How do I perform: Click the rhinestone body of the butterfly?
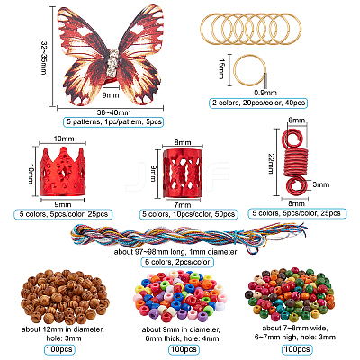112,62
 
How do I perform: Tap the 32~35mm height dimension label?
44,58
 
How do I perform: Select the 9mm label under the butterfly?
111,95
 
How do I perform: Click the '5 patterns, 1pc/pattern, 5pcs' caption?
113,121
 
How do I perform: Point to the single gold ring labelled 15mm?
249,70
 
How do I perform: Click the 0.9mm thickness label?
265,93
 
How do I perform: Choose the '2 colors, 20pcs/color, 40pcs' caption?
258,103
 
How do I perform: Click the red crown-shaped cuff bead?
62,172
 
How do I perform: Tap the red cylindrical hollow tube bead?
183,173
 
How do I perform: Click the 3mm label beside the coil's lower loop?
320,184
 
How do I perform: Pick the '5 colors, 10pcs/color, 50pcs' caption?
189,214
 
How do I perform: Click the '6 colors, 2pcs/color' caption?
177,262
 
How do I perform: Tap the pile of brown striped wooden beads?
65,295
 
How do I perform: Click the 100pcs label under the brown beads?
59,349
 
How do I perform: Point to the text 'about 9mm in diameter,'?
181,329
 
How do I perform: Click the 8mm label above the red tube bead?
183,142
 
